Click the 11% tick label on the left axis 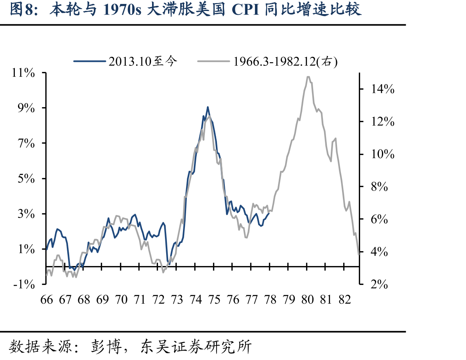(x=23, y=73)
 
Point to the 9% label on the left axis (x=26, y=108)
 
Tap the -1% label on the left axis (x=24, y=284)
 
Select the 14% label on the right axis (x=383, y=89)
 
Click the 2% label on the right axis (x=379, y=284)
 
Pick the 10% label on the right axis (x=383, y=154)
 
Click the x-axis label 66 (x=47, y=300)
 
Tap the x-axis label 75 (x=214, y=300)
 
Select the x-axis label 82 (x=345, y=300)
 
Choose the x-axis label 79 (x=289, y=300)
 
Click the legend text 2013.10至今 (x=143, y=61)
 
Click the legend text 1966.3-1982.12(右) (x=286, y=61)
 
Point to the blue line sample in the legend (x=90, y=61)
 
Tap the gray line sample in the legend (x=213, y=61)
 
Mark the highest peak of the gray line (x=308, y=77)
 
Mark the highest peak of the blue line (x=208, y=107)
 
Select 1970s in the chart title (x=122, y=9)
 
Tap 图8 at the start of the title (x=21, y=9)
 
